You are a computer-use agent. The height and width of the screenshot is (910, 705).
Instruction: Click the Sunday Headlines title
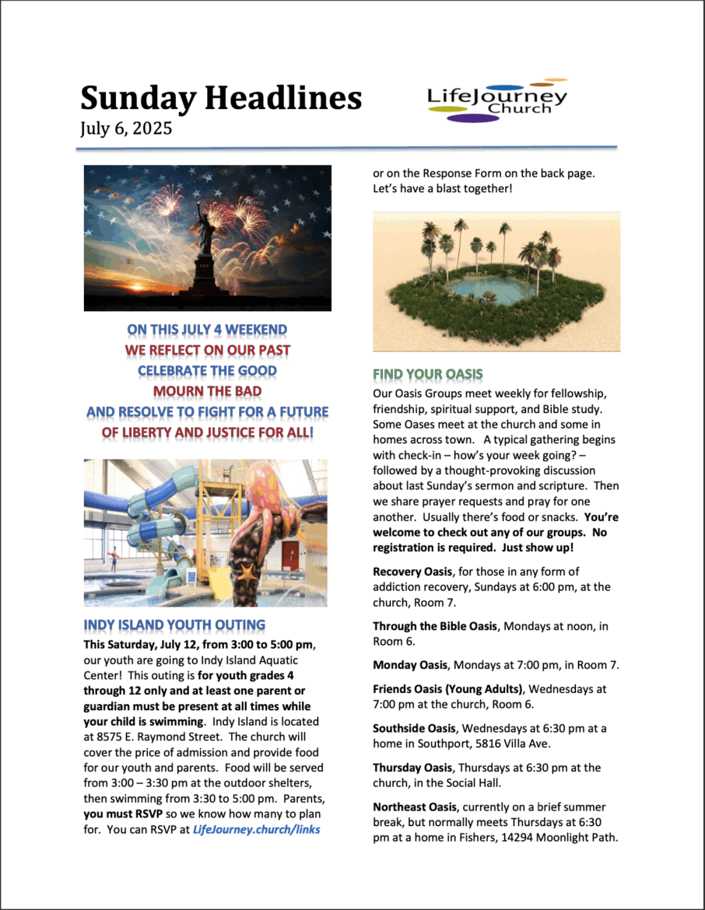(x=221, y=99)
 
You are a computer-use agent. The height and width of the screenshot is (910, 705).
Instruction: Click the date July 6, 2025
(x=126, y=128)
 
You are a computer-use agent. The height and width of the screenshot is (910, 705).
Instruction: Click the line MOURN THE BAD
(x=207, y=390)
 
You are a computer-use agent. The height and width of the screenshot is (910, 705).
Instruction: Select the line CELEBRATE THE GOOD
(x=207, y=370)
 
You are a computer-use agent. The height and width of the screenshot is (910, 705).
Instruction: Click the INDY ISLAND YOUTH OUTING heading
(x=174, y=625)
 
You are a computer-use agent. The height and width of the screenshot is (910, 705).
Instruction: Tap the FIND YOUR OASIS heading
(x=427, y=374)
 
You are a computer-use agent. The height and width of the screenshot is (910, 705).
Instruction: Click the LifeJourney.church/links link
(x=256, y=829)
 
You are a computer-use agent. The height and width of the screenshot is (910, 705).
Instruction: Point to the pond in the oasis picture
(x=490, y=290)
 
